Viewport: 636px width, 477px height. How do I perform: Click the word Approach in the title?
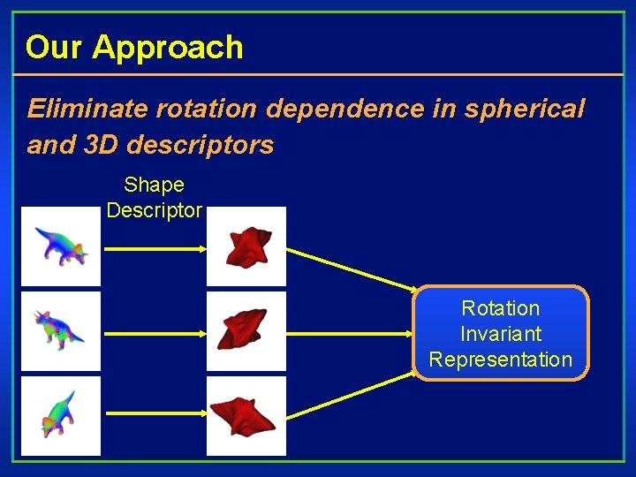(x=168, y=48)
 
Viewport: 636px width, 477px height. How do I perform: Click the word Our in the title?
(x=55, y=47)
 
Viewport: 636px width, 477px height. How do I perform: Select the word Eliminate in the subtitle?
(x=87, y=109)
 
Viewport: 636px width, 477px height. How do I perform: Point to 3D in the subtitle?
(x=105, y=145)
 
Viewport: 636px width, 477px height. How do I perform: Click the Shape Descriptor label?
(x=154, y=198)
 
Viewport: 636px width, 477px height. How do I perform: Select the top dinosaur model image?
(x=61, y=246)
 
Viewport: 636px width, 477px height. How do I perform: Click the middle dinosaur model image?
(x=61, y=331)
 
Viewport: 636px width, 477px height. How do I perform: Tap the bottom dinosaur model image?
(x=61, y=416)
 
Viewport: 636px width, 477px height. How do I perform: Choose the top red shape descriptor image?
(x=246, y=246)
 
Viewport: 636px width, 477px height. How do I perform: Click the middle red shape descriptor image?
(x=246, y=331)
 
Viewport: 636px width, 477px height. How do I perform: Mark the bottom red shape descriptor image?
(x=246, y=416)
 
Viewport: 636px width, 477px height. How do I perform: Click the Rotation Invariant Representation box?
(x=501, y=333)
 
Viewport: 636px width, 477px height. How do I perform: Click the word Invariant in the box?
(x=501, y=334)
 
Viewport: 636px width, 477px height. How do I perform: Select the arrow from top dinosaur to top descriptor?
(x=155, y=249)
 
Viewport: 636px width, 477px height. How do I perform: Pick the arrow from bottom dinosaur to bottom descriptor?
(x=155, y=413)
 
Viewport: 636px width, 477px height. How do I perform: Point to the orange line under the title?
(x=318, y=74)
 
